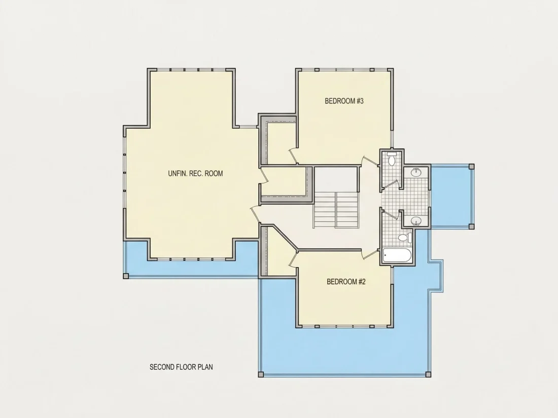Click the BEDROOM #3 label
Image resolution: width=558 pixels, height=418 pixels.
coord(344,101)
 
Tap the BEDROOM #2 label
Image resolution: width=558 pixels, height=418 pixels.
coord(346,282)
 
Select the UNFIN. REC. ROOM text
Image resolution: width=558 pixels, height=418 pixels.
coord(195,173)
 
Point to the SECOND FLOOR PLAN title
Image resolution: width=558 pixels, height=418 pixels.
coord(181,367)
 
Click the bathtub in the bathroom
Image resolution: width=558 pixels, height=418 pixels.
coord(397,255)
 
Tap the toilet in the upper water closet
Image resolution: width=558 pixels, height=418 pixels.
coord(392,159)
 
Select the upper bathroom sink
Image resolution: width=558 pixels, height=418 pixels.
coord(416,172)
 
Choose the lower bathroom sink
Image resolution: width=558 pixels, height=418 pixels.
coord(416,221)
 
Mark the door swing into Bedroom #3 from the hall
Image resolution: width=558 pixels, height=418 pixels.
coord(370,161)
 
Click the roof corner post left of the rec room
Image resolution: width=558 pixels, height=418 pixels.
coord(126,276)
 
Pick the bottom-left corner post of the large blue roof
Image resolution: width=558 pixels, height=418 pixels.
coord(261,374)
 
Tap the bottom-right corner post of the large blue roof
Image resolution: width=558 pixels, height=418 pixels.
coord(428,374)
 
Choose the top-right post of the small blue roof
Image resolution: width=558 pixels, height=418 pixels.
coord(472,166)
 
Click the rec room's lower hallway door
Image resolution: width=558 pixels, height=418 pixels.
coord(255,214)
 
